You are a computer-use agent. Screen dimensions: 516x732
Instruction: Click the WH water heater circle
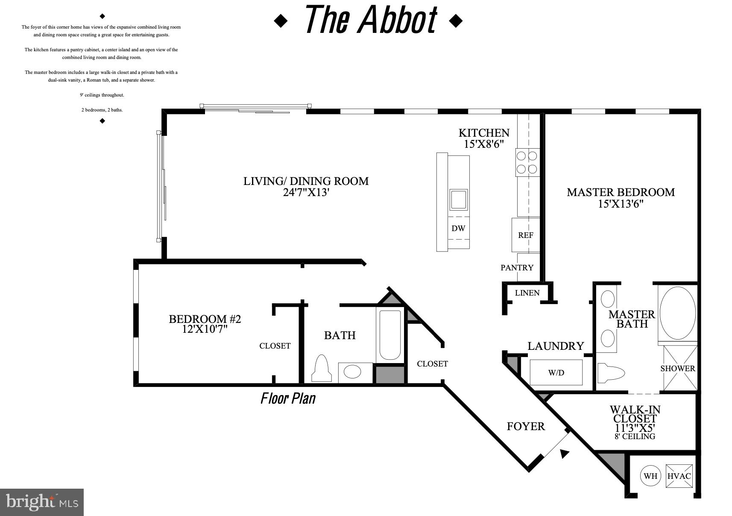[x=650, y=476]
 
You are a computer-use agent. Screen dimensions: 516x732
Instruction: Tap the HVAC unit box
[x=679, y=476]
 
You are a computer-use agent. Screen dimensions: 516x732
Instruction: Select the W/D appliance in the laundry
[x=556, y=372]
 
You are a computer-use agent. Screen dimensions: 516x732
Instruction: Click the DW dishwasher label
[x=458, y=228]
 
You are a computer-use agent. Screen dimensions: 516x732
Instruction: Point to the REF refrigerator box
[x=526, y=235]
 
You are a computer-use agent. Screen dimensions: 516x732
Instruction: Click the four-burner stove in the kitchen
[x=527, y=162]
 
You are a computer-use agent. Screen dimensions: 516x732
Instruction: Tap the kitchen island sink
[x=458, y=199]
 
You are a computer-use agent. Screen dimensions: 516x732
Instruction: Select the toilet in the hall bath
[x=322, y=369]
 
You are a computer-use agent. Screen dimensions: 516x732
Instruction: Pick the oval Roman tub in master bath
[x=678, y=313]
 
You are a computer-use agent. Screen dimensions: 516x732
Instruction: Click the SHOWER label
[x=678, y=368]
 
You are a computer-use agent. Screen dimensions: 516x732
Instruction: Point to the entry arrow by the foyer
[x=565, y=454]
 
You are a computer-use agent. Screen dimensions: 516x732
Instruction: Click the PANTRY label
[x=517, y=268]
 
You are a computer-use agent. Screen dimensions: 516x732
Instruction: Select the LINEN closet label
[x=527, y=293]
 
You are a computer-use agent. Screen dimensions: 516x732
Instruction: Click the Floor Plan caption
[x=288, y=399]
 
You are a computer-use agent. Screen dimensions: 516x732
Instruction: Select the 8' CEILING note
[x=634, y=437]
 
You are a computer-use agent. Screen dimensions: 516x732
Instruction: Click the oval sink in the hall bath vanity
[x=352, y=372]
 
